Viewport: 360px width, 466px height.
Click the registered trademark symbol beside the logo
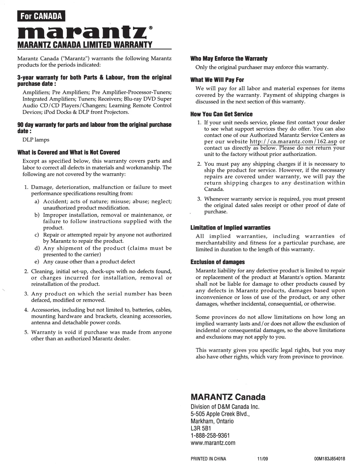pyautogui.click(x=151, y=28)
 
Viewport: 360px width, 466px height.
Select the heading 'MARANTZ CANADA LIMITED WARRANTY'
pyautogui.click(x=85, y=45)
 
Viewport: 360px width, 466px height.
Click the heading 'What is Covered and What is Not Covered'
pyautogui.click(x=69, y=152)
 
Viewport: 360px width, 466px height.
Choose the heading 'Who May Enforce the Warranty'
pyautogui.click(x=229, y=59)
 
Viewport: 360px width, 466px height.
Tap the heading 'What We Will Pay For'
pyautogui.click(x=217, y=80)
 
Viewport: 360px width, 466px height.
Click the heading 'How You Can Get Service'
pyautogui.click(x=221, y=114)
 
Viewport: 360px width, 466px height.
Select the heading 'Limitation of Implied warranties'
pyautogui.click(x=230, y=228)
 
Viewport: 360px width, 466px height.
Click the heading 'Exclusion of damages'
pyautogui.click(x=218, y=262)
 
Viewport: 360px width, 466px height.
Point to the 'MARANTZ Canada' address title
pyautogui.click(x=228, y=397)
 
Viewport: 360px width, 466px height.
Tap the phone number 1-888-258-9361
pyautogui.click(x=210, y=435)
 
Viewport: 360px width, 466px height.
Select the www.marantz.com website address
pyautogui.click(x=213, y=443)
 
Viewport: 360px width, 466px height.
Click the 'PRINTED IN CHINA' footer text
pyautogui.click(x=208, y=459)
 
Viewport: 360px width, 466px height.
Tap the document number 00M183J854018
pyautogui.click(x=329, y=459)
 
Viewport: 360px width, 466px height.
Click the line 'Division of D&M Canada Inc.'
pyautogui.click(x=225, y=407)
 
